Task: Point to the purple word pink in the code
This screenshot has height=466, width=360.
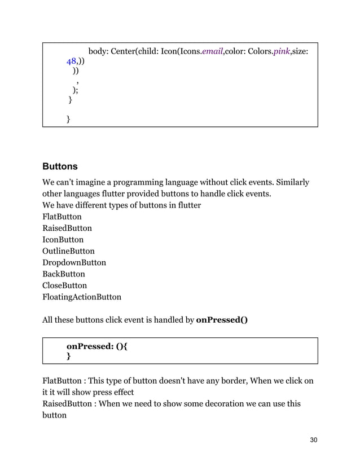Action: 281,52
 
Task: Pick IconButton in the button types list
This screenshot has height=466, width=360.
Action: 63,239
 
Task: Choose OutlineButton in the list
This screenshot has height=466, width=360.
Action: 68,251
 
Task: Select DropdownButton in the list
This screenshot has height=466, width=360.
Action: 74,262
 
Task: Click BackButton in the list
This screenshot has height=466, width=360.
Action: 64,274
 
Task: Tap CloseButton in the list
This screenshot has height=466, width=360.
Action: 65,285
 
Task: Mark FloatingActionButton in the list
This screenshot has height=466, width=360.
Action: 82,297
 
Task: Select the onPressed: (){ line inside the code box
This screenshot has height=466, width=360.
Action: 96,346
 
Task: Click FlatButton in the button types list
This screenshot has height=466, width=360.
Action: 62,217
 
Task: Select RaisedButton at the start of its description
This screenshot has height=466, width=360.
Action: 67,403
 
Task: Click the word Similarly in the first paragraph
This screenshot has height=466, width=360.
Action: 290,182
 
